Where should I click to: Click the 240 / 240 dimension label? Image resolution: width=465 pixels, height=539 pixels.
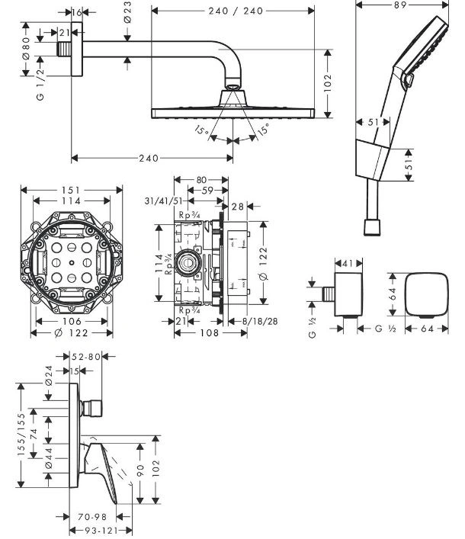(236, 11)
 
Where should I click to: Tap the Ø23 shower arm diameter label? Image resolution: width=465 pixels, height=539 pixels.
(127, 12)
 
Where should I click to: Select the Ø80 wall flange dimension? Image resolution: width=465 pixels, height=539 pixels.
(26, 48)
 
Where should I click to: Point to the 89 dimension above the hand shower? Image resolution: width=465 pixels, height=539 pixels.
(400, 5)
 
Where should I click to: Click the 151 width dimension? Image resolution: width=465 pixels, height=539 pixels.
(71, 190)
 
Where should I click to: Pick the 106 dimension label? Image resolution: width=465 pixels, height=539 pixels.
(72, 322)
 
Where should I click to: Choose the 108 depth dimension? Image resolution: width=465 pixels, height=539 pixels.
(210, 332)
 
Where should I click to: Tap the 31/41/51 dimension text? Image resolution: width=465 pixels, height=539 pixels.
(164, 201)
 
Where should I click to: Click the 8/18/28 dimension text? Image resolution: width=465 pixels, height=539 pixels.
(260, 322)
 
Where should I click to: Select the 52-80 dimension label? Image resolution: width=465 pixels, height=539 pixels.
(86, 357)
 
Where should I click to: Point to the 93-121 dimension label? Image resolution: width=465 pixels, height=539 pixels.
(101, 531)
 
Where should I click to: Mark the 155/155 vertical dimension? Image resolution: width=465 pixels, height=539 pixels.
(21, 435)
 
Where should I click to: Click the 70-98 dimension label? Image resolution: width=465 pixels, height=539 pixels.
(92, 517)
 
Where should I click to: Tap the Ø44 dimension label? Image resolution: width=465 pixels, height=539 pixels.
(49, 458)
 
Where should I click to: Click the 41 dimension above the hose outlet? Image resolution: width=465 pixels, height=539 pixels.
(348, 264)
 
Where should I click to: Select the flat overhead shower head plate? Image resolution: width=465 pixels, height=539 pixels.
(233, 114)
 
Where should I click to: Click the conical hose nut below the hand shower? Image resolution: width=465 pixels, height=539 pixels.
(372, 227)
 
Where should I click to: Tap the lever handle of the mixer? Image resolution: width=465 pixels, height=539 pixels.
(101, 471)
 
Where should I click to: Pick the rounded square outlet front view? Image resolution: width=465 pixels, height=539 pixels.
(427, 294)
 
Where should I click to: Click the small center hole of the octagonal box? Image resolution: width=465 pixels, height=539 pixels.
(72, 263)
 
